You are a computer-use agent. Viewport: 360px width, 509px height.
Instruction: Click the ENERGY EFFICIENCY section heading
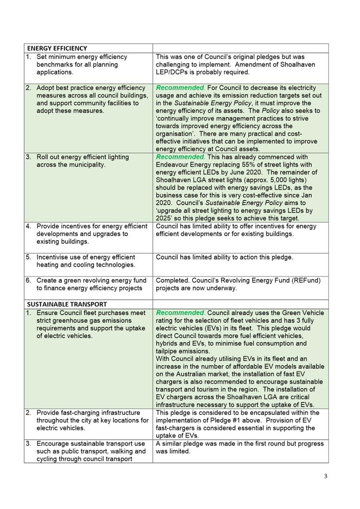57,48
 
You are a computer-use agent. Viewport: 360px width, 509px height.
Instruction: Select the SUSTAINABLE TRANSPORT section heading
67,304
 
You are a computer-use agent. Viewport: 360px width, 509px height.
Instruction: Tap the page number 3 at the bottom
325,476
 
